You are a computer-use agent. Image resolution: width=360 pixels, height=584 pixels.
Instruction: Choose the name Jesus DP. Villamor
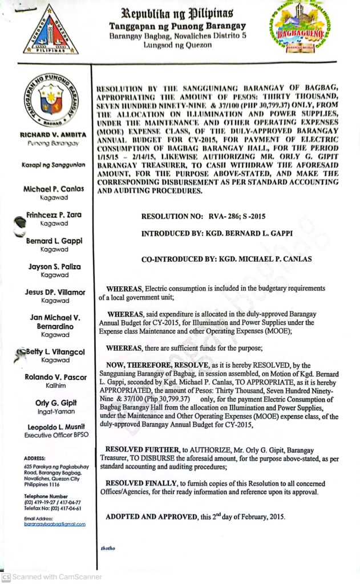55,292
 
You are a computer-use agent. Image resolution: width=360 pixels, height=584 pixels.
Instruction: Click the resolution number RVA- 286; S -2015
203,217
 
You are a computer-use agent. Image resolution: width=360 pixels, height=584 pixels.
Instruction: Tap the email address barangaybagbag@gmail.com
55,524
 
